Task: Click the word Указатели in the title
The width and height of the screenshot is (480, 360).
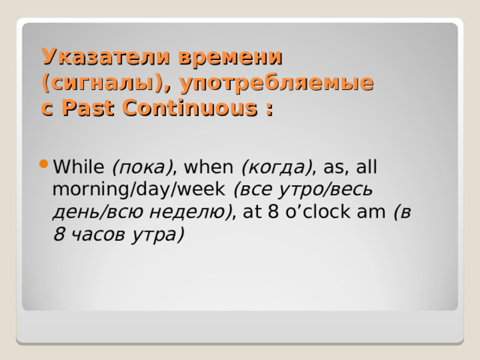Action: [104, 57]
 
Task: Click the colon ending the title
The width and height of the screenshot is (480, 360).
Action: [268, 109]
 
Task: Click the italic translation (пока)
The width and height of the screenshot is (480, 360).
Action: [142, 166]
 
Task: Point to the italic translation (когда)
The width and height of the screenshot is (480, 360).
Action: [275, 166]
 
